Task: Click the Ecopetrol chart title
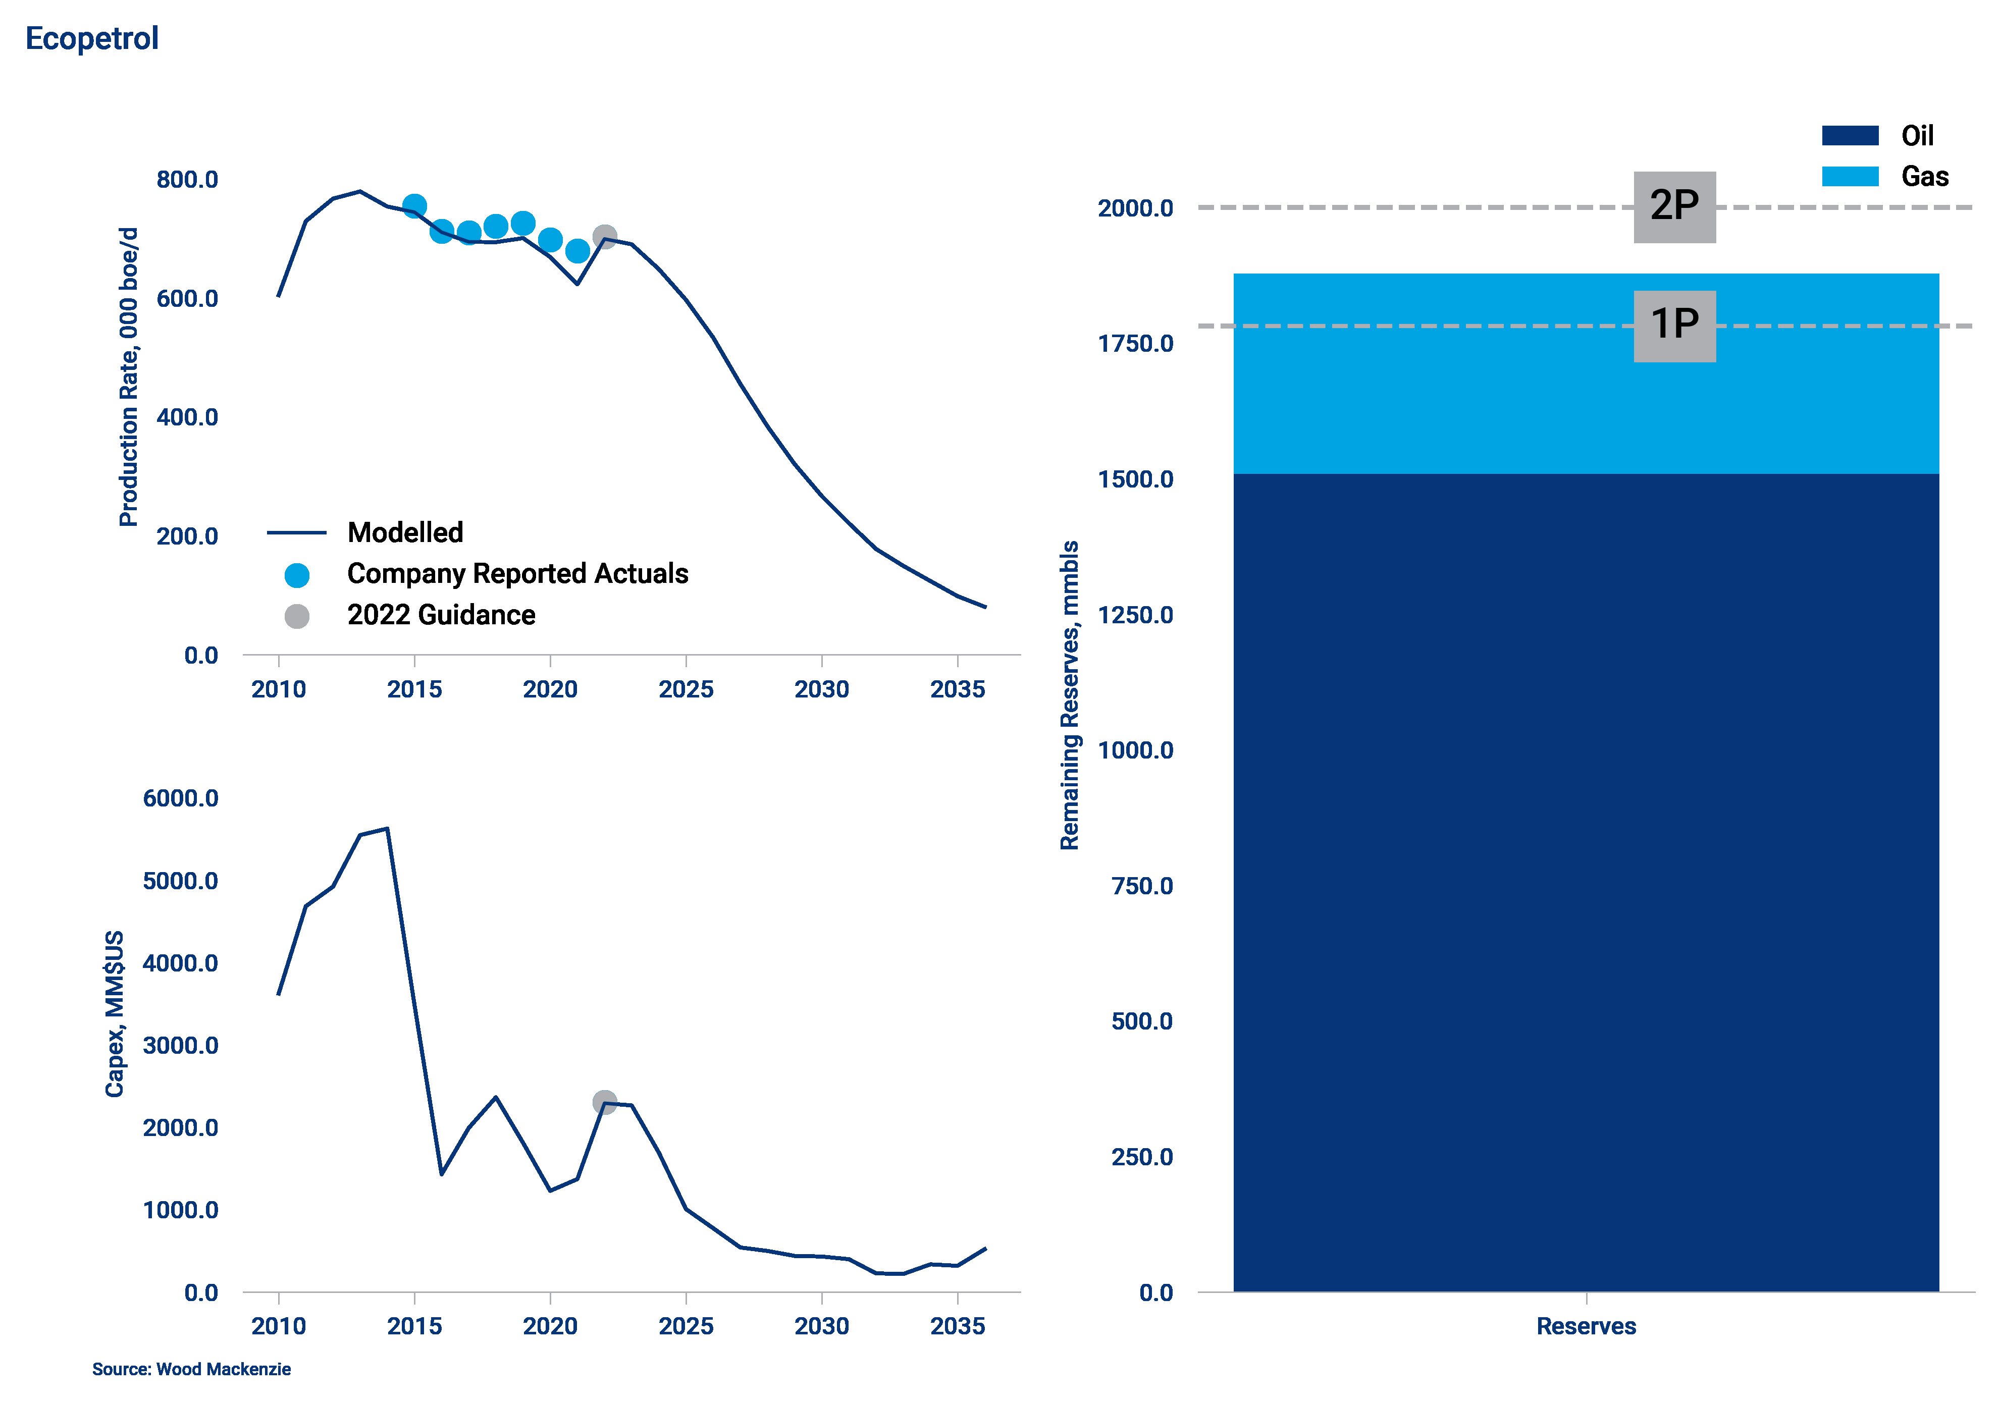pos(91,38)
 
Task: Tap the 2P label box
pos(1673,206)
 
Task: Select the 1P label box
pos(1673,325)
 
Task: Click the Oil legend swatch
pos(1849,136)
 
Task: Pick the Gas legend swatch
pos(1849,176)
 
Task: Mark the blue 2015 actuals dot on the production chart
pos(414,205)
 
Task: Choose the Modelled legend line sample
pos(296,532)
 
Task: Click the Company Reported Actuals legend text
pos(517,573)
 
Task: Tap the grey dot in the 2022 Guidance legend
pos(297,616)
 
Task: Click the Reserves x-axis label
pos(1586,1326)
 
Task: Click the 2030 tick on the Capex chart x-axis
pos(821,1326)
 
